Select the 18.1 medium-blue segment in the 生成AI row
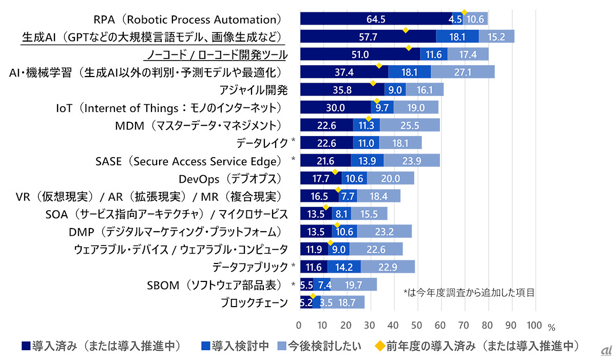(x=457, y=37)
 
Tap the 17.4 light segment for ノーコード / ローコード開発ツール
(x=468, y=54)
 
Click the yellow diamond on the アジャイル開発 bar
(x=373, y=82)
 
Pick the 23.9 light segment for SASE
(x=412, y=161)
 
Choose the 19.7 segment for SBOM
(x=354, y=285)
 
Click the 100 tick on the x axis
(x=534, y=325)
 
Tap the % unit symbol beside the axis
(x=551, y=326)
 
